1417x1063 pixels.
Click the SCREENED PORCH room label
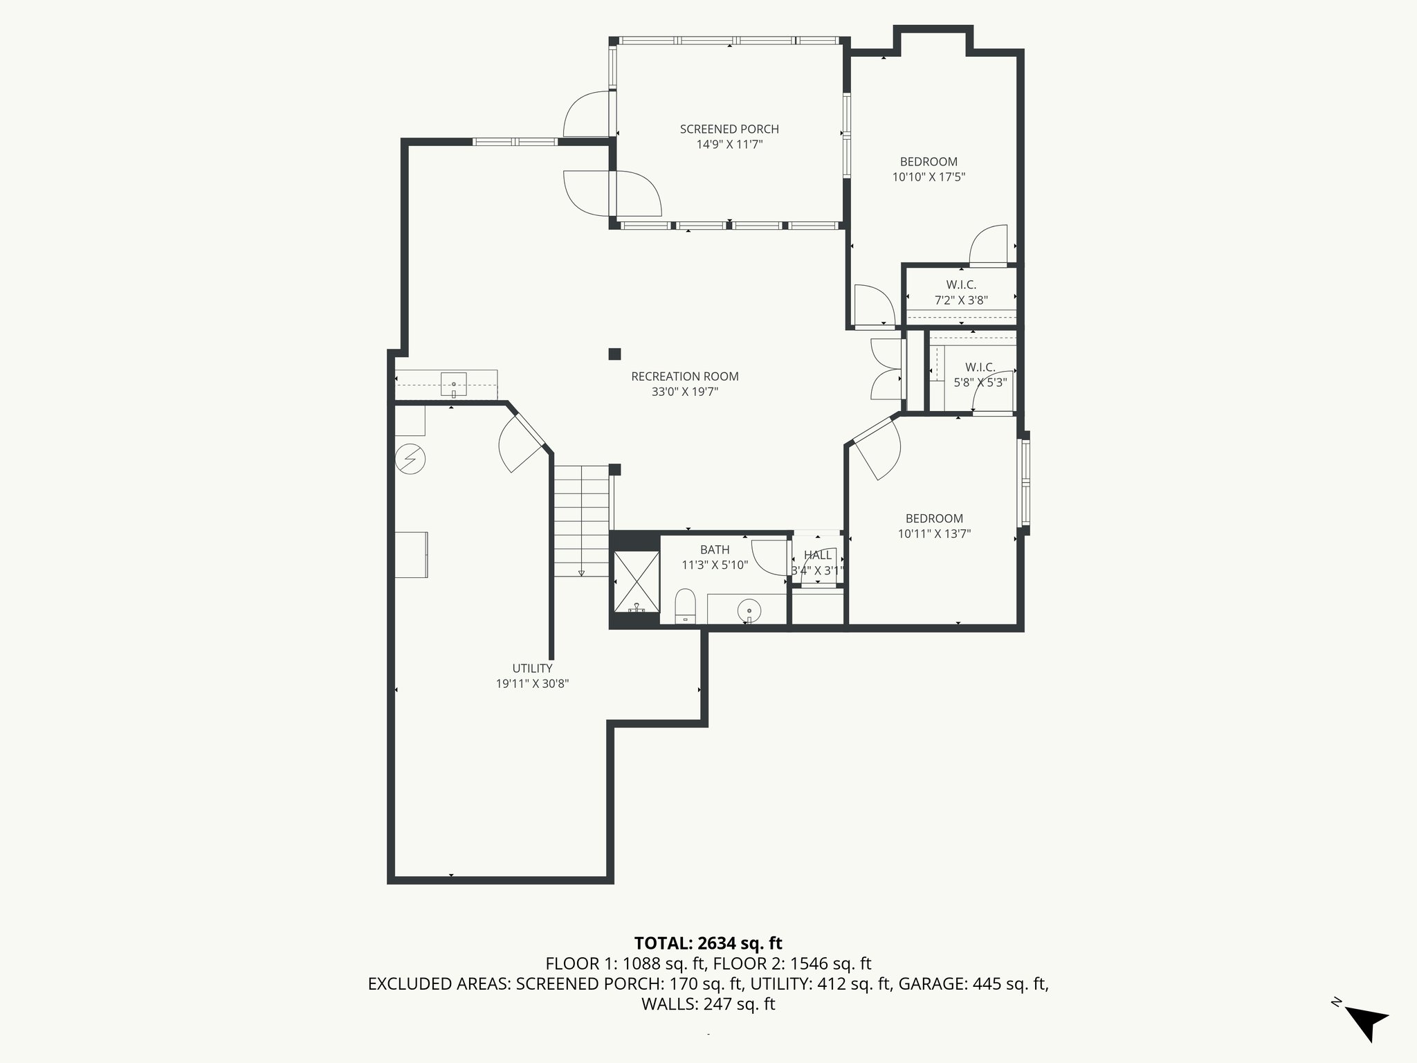pos(729,129)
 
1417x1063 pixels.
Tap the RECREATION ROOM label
pos(685,376)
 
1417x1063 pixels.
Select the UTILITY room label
pos(532,669)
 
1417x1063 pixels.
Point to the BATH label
pos(715,550)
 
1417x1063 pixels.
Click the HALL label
pos(818,555)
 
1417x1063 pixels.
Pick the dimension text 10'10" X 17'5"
pos(929,177)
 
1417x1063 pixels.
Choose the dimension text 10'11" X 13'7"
pos(934,534)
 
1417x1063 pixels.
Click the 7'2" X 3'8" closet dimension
pos(961,300)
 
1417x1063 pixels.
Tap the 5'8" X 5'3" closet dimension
pos(980,382)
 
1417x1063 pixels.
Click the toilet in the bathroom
pos(685,606)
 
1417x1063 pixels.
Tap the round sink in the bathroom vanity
pos(749,610)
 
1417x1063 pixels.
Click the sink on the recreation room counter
pos(454,384)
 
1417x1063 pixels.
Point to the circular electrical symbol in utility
pos(410,458)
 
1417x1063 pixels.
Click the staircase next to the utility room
pos(582,520)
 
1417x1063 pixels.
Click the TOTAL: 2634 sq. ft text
pos(708,943)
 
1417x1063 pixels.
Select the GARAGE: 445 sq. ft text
pos(973,983)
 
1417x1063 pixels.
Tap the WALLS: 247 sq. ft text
pos(708,1004)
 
